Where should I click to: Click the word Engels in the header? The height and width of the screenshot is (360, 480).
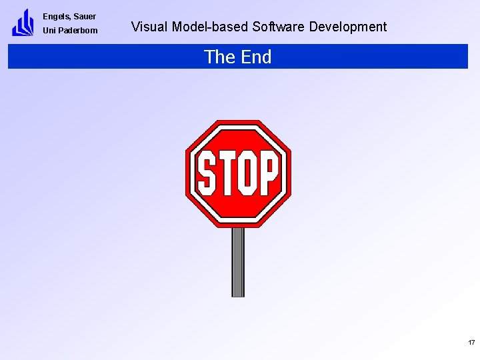[55, 17]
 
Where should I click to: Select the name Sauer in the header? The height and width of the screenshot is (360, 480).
[84, 17]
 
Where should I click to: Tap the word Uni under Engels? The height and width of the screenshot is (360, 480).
[49, 31]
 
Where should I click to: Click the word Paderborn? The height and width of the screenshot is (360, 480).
[78, 31]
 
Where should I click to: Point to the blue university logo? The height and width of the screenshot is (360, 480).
[23, 23]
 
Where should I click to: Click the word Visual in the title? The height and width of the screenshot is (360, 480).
[149, 27]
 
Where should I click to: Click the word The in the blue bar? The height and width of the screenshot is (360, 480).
[219, 57]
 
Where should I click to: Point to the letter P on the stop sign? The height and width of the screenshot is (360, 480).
[268, 173]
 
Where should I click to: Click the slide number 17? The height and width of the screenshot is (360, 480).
[471, 343]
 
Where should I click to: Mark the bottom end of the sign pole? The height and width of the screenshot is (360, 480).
[238, 295]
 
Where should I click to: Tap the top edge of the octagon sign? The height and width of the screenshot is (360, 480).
[238, 122]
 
